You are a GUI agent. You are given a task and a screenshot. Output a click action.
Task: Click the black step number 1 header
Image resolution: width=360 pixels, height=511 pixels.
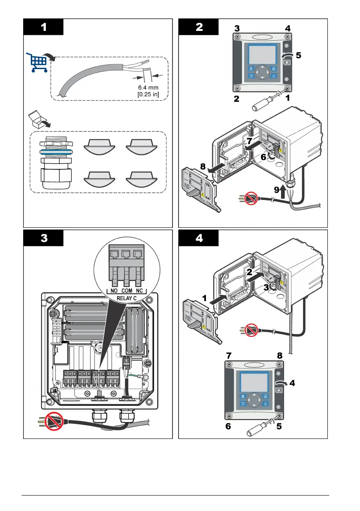(x=44, y=27)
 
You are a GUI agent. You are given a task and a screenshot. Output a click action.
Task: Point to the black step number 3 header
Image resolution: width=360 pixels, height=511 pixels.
(x=44, y=239)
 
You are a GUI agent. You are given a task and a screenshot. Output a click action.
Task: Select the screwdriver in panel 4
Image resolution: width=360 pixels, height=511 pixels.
(x=259, y=427)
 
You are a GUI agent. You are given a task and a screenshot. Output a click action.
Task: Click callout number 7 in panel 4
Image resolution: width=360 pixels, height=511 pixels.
(x=230, y=356)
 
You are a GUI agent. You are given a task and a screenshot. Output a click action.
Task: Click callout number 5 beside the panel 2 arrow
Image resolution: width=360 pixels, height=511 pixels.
(x=299, y=55)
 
